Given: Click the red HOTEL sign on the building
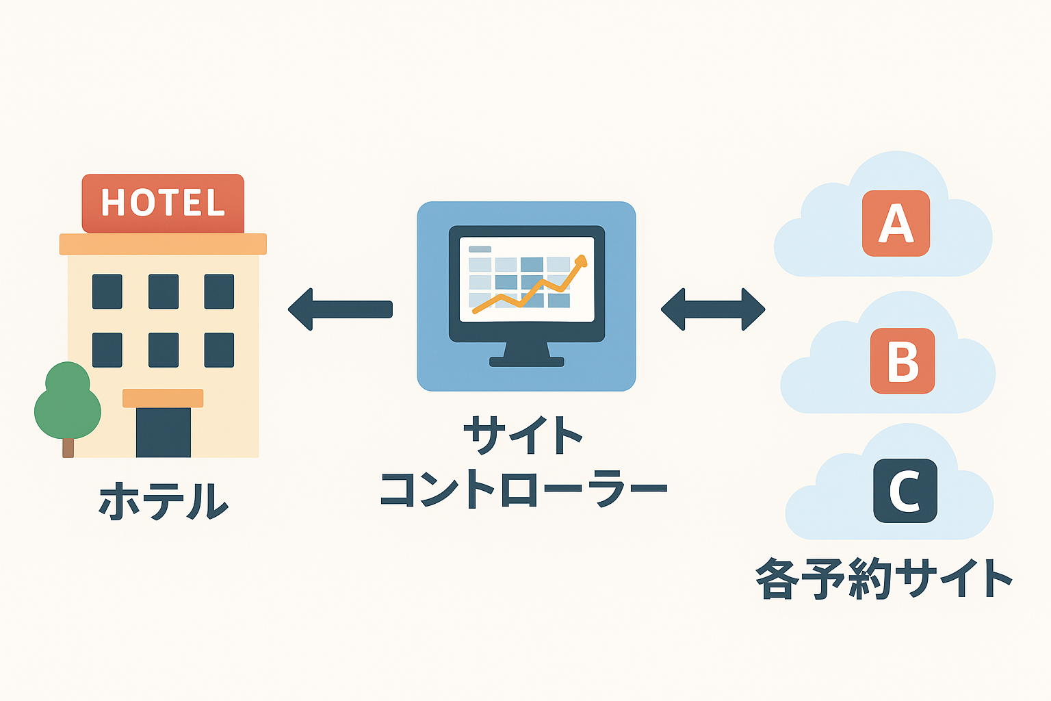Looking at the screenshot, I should [163, 203].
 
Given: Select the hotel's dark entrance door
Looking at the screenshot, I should [164, 433].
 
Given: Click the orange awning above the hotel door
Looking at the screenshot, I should [163, 398].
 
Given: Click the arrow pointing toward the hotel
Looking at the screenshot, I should [340, 309].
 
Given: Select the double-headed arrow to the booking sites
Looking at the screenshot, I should [712, 309].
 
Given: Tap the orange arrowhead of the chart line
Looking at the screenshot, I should [581, 261].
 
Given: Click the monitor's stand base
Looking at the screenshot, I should [526, 361].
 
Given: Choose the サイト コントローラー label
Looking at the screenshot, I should [523, 463].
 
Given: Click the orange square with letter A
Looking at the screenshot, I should [896, 223].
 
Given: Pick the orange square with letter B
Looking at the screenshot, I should [902, 361].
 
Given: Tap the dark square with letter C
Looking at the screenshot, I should [905, 490].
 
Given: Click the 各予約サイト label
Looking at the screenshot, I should [883, 579].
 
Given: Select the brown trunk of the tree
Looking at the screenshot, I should [68, 448].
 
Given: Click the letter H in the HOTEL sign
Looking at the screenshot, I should [114, 203].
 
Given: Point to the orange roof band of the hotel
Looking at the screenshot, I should [163, 244].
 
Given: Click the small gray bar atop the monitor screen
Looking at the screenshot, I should [480, 249].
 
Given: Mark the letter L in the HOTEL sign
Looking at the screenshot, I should [216, 203].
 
